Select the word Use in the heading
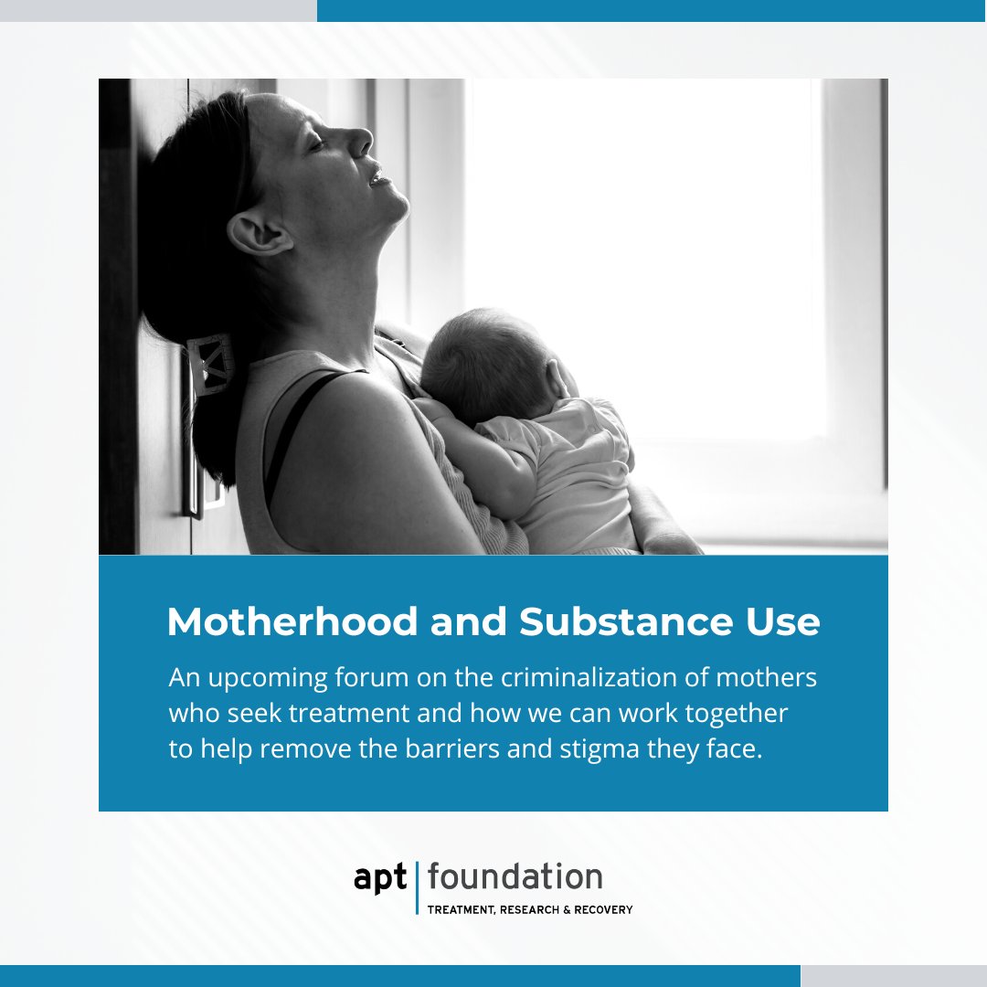(x=778, y=622)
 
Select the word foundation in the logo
(x=515, y=877)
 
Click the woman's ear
(x=254, y=233)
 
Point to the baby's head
(x=484, y=361)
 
